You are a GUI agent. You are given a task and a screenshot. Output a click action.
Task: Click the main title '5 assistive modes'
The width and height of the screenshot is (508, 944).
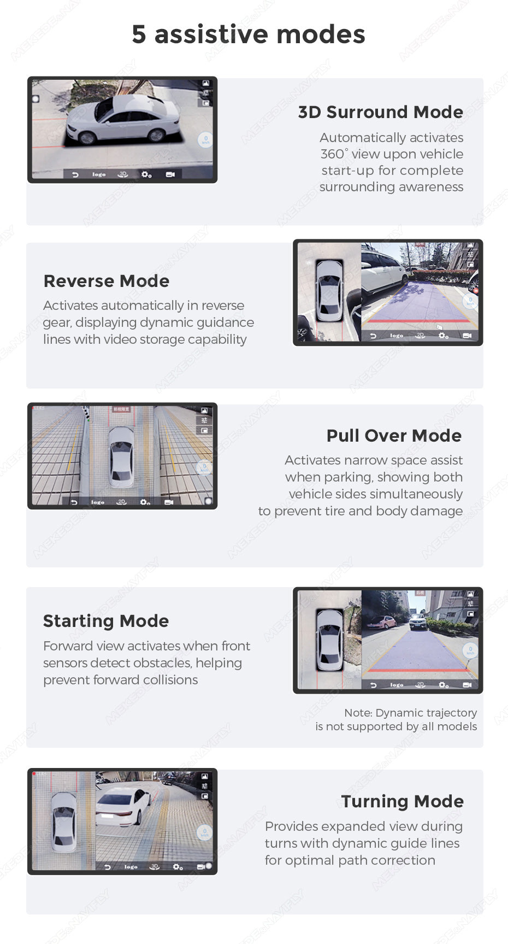[x=249, y=34]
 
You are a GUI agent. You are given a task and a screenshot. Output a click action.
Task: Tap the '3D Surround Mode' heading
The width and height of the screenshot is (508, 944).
[x=380, y=112]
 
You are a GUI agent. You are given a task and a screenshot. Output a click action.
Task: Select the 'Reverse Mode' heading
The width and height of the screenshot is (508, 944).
[x=107, y=281]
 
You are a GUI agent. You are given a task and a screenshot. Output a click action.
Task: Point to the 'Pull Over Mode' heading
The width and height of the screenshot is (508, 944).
[x=394, y=436]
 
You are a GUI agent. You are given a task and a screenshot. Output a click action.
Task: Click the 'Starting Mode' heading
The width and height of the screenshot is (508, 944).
[x=106, y=621]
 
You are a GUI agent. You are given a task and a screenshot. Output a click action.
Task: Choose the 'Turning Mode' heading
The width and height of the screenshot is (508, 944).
[x=402, y=801]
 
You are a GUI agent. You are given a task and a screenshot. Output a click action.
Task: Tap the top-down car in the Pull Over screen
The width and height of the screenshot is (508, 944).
[x=121, y=456]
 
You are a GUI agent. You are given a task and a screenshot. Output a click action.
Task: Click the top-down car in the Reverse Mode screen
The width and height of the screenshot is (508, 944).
[x=329, y=290]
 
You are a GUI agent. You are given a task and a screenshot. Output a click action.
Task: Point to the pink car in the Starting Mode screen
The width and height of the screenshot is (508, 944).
[x=387, y=622]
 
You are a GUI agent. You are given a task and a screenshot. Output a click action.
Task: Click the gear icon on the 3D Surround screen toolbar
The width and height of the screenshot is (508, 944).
[x=146, y=174]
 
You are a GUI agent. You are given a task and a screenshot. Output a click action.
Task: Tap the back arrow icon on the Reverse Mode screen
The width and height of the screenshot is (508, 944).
[x=373, y=336]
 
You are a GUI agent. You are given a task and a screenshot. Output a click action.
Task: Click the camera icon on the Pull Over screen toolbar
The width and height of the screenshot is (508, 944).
[x=169, y=502]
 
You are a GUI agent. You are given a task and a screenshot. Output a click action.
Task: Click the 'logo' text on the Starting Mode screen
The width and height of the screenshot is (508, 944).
[x=397, y=685]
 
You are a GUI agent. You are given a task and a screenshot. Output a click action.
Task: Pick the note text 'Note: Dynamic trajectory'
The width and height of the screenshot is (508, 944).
[x=410, y=713]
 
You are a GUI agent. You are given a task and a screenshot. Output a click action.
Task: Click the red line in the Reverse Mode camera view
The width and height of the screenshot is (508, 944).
[x=416, y=321]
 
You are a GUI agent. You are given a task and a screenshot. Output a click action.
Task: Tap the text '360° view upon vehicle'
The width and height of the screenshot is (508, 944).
[x=392, y=154]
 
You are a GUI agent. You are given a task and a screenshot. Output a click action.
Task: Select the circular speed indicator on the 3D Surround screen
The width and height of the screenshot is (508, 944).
[x=205, y=140]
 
